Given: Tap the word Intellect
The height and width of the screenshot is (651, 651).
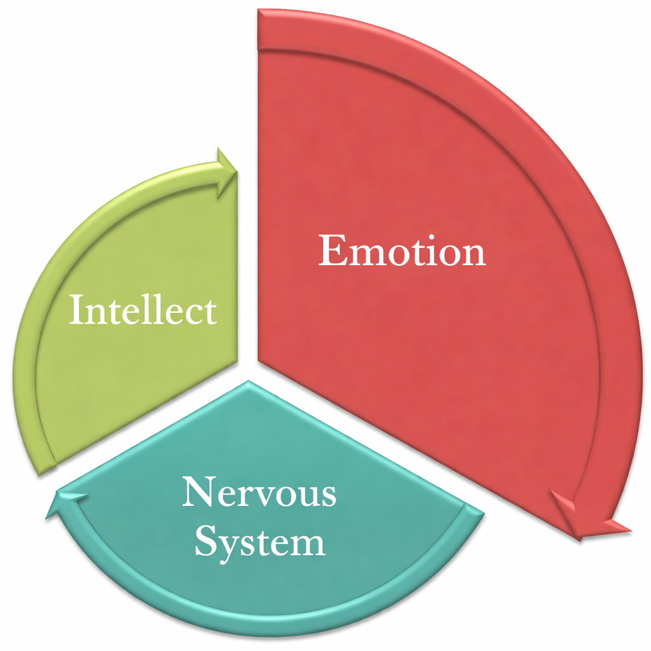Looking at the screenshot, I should click(142, 311).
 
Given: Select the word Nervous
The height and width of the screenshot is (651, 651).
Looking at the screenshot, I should click(259, 493).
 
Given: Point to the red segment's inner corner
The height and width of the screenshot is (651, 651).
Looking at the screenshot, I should click(259, 360).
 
